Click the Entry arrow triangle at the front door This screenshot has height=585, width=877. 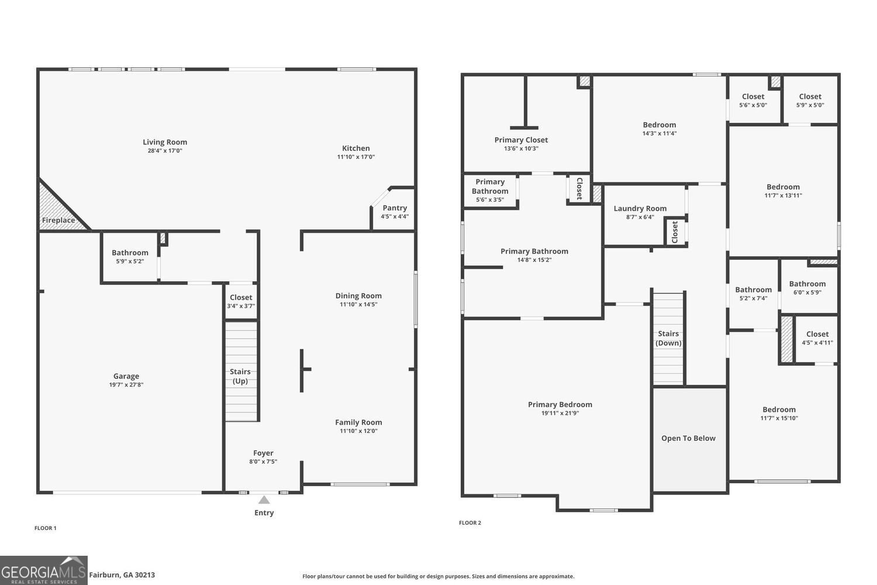pos(264,500)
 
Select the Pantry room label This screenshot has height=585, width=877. pos(395,208)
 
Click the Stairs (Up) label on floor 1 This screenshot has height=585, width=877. pos(240,376)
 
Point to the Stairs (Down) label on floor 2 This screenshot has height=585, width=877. pos(668,338)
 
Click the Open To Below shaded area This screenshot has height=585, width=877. pos(689,439)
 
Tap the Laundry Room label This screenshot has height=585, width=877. pos(640,208)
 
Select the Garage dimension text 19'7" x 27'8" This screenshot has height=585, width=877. pos(126,385)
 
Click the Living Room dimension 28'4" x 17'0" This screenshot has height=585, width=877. pos(165,151)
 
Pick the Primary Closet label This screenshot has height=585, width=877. pos(521,140)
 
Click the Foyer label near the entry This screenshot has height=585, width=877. pos(263,453)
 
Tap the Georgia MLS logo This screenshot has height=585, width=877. pos(44,570)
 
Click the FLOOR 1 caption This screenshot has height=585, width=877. pos(46,528)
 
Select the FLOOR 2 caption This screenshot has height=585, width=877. pos(470,523)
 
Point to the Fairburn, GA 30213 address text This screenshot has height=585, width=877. pos(122,575)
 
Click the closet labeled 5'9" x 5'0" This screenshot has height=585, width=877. pos(810,101)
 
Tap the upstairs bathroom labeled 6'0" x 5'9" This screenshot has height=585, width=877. pos(807,288)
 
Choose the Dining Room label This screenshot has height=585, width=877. pos(358,296)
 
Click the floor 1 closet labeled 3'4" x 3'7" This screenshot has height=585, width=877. pos(241,301)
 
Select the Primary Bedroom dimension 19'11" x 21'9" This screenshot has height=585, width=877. pos(560,413)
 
